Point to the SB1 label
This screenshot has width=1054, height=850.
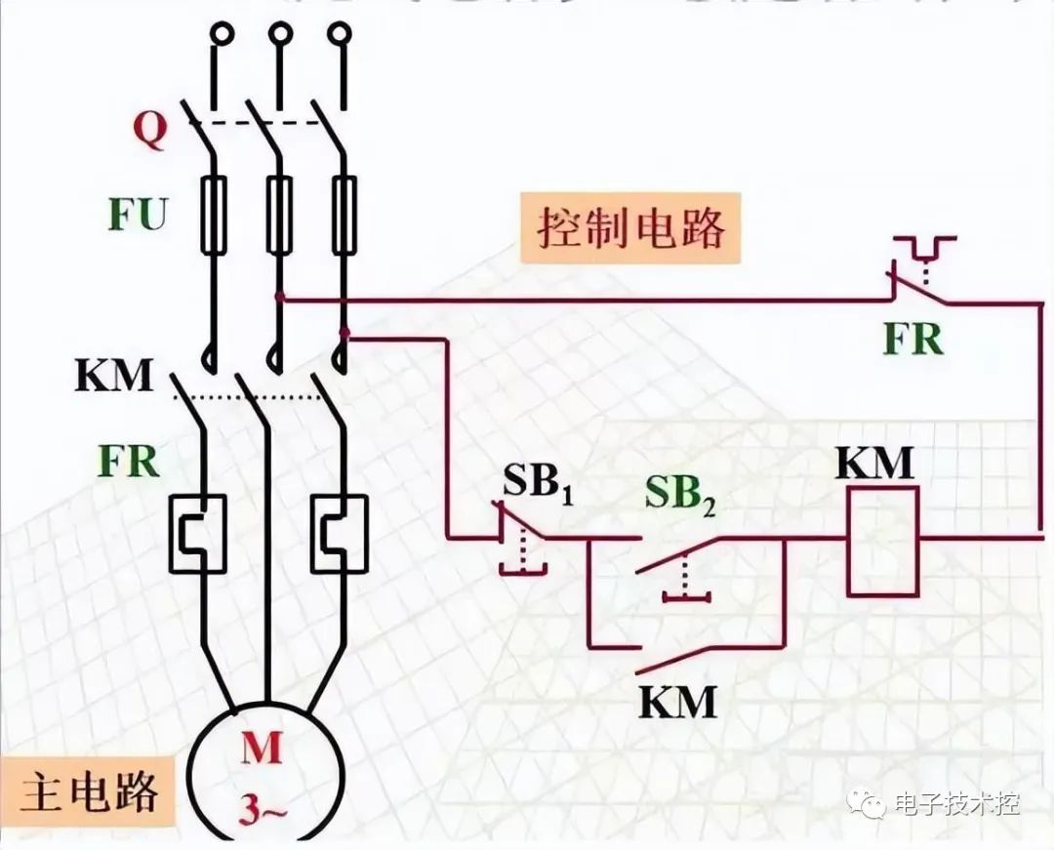point(538,482)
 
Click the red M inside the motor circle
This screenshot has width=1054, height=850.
point(263,749)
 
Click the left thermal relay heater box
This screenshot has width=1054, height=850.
point(198,532)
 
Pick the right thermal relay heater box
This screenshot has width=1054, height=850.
point(339,532)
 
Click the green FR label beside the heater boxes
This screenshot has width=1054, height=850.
point(128,461)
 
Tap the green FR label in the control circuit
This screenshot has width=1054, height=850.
point(913,339)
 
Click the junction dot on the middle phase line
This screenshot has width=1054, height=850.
point(280,295)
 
